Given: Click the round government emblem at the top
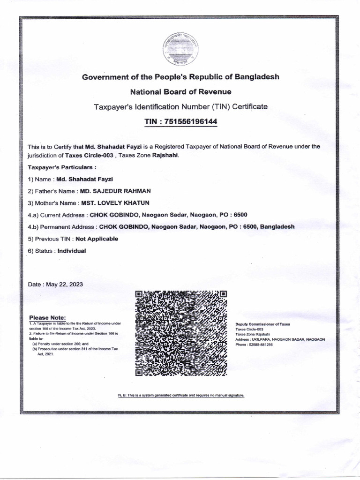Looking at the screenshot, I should [x=181, y=48].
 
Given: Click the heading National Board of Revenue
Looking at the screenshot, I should [x=180, y=91].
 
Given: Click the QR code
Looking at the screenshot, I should [x=181, y=333].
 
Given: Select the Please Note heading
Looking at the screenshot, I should [x=48, y=317].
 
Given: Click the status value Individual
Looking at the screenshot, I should [x=72, y=251].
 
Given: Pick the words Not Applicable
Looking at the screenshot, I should [x=97, y=239].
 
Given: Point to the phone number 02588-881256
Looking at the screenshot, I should [x=261, y=345].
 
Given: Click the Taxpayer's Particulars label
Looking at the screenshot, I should [x=62, y=167].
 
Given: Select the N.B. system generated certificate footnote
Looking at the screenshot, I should [x=181, y=396].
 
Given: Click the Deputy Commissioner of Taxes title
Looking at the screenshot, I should [x=262, y=324].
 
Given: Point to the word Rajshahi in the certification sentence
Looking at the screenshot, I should [x=165, y=155].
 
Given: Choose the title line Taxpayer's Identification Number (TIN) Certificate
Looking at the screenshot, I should [x=181, y=106].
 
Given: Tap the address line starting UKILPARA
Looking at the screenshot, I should [x=280, y=339].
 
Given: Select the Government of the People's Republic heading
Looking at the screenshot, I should [x=181, y=76].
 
